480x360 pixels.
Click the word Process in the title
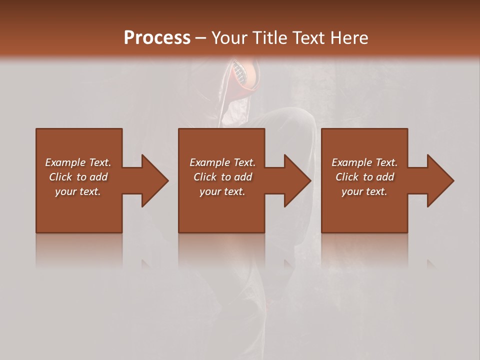pyautogui.click(x=157, y=37)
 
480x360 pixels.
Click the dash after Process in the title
pyautogui.click(x=201, y=38)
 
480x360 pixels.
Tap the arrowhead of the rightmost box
pyautogui.click(x=439, y=180)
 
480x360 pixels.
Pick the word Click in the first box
pyautogui.click(x=61, y=177)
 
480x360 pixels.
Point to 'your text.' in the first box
pyautogui.click(x=78, y=191)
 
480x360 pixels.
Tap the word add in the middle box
pyautogui.click(x=243, y=177)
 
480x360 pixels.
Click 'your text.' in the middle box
pyautogui.click(x=222, y=191)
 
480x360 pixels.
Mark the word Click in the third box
pyautogui.click(x=347, y=177)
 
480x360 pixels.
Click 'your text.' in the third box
pyautogui.click(x=364, y=191)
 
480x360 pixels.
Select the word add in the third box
pyautogui.click(x=385, y=177)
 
